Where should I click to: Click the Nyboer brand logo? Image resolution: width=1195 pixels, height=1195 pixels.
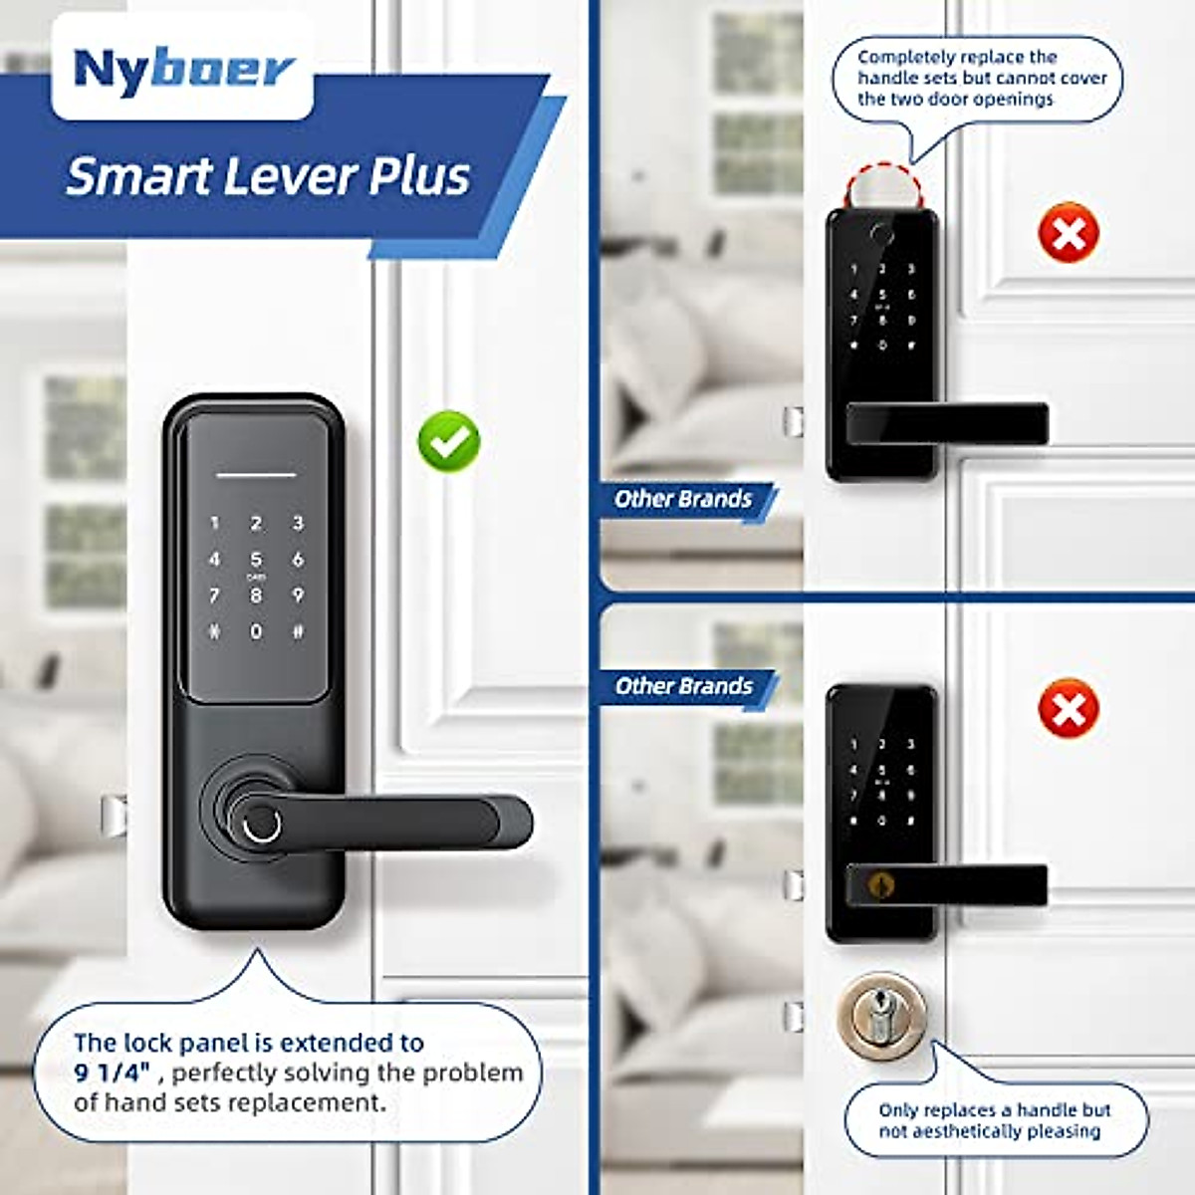point(183,70)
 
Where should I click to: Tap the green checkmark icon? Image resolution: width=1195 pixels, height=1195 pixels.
point(448,440)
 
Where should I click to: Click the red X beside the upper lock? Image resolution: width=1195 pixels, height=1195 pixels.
point(1069,233)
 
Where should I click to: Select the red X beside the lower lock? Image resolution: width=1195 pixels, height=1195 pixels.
point(1069,708)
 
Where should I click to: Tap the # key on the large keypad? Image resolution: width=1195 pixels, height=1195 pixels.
point(298,631)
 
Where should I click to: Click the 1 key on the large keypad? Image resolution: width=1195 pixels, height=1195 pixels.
point(214,523)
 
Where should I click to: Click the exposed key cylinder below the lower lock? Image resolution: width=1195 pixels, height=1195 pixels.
point(881,1016)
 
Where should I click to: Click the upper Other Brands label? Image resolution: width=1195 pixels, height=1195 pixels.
point(683,499)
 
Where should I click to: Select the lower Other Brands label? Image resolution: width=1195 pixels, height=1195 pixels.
point(683,686)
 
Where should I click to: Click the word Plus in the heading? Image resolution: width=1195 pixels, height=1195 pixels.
point(419,177)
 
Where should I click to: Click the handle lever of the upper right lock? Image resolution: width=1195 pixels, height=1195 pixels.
point(946,423)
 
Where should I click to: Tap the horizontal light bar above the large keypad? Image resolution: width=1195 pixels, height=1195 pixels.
point(256,474)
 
